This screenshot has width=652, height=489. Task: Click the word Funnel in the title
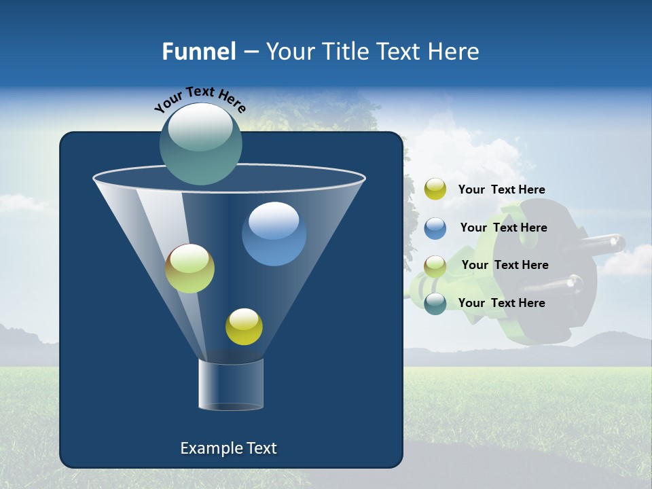[198, 52]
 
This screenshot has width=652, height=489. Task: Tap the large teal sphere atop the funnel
[201, 143]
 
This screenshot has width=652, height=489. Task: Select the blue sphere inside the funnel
[274, 234]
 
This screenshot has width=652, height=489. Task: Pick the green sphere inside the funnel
[189, 268]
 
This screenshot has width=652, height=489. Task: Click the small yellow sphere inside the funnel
[244, 327]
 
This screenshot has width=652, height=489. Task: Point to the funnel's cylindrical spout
[230, 384]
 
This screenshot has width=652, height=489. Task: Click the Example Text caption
[229, 448]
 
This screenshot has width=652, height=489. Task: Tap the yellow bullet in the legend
[435, 189]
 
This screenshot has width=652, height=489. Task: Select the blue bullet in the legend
[435, 228]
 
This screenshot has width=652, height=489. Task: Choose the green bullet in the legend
[435, 266]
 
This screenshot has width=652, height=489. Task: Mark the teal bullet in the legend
[435, 304]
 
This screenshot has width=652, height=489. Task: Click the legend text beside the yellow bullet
[501, 190]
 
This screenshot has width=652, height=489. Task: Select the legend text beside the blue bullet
[503, 228]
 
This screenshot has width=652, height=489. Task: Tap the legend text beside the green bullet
[505, 266]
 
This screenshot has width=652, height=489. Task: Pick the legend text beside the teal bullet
[501, 303]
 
